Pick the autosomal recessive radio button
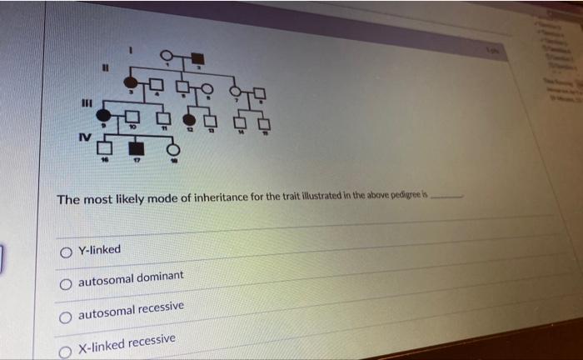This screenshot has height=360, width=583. [65, 317]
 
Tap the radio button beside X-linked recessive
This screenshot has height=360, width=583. [65, 350]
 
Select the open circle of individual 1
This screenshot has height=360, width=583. [167, 55]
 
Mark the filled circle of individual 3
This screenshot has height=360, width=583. [131, 82]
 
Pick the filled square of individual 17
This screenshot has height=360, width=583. [136, 150]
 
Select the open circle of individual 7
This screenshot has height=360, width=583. [236, 92]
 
